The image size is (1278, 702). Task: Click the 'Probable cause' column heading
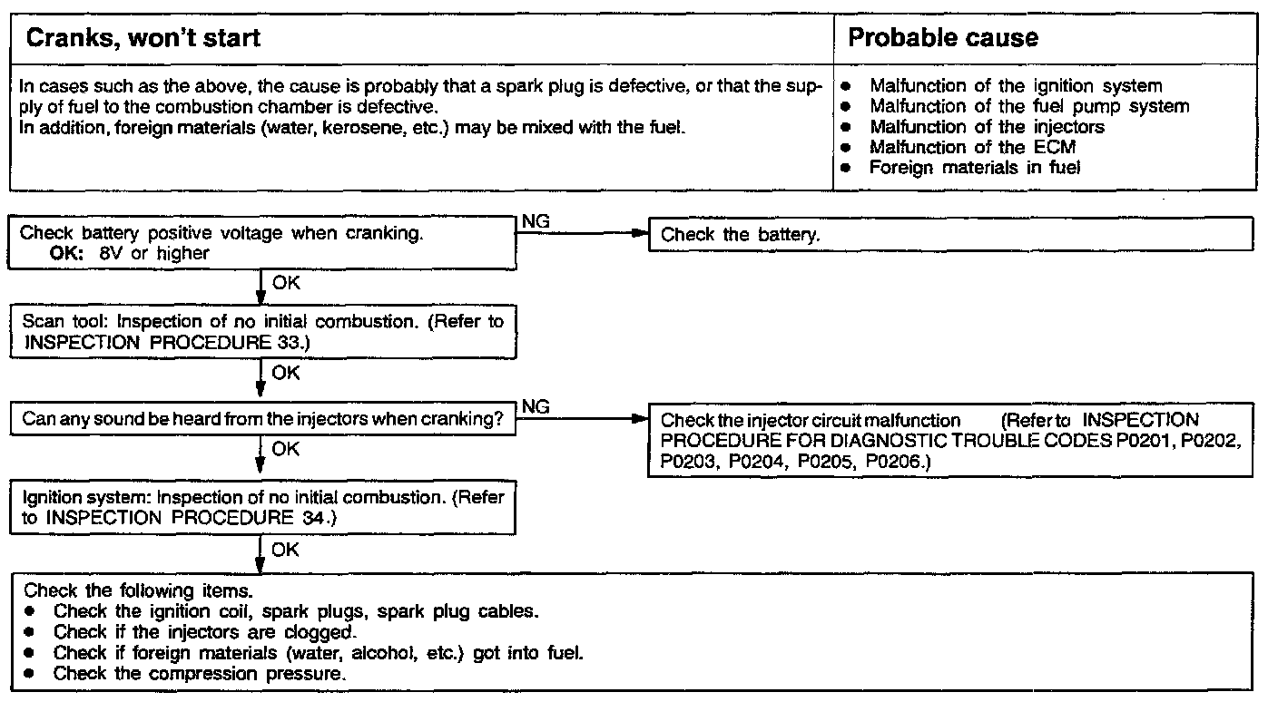(x=942, y=38)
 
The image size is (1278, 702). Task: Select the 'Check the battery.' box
(x=949, y=235)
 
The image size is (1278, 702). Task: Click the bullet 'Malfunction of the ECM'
(x=972, y=147)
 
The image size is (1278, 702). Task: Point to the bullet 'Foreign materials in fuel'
(x=974, y=167)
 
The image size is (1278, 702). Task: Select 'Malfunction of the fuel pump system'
(x=1028, y=106)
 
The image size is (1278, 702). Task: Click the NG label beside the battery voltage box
(x=536, y=221)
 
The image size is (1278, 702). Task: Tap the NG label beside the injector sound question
(x=536, y=407)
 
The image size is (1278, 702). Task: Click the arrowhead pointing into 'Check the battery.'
(x=642, y=235)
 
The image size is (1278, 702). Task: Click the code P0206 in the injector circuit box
(x=891, y=462)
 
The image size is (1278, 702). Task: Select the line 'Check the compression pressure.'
(x=200, y=674)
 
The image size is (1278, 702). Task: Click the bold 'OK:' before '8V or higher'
(x=67, y=253)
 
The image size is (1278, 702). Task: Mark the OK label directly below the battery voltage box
(x=286, y=283)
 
